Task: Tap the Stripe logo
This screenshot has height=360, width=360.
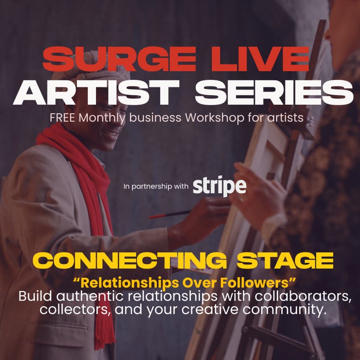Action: point(220,186)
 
